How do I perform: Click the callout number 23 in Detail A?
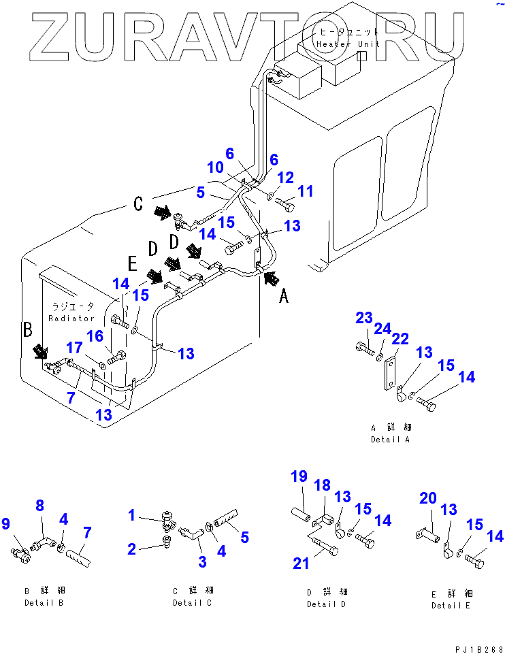click(x=363, y=318)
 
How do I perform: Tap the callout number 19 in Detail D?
click(x=299, y=476)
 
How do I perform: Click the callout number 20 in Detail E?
click(x=427, y=499)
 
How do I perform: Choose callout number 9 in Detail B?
click(x=6, y=524)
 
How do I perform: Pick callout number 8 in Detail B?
click(x=39, y=506)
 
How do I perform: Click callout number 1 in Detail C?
click(x=132, y=516)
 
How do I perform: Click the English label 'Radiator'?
click(x=71, y=318)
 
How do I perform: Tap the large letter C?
click(x=138, y=203)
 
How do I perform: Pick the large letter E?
click(x=131, y=262)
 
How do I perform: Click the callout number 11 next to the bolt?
click(x=306, y=191)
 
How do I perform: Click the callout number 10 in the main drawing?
click(x=214, y=167)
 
